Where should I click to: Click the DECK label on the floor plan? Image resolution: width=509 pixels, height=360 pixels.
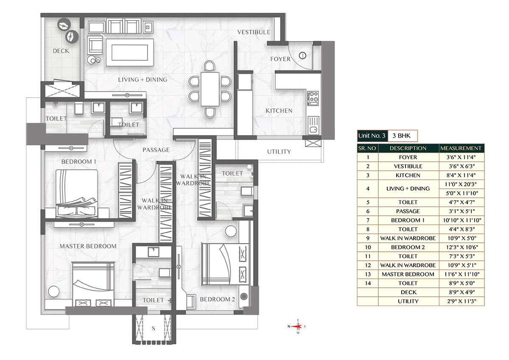click(61, 51)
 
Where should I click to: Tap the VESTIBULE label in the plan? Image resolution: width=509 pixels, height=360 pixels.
click(254, 32)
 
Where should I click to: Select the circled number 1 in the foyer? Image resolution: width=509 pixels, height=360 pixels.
click(302, 56)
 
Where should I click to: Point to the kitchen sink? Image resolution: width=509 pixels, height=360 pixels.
click(313, 125)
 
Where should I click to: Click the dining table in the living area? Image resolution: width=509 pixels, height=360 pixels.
click(210, 89)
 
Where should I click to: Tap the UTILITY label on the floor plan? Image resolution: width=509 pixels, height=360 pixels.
click(279, 152)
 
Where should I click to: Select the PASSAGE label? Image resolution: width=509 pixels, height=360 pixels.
click(156, 150)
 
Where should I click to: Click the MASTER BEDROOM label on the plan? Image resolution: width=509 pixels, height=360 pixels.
click(88, 246)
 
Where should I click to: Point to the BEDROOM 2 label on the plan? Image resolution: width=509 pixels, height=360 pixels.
click(217, 299)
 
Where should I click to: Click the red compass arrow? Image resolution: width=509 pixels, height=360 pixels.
click(296, 326)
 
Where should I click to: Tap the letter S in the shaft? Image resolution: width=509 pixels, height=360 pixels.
click(154, 329)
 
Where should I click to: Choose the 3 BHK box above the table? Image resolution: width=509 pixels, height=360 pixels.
click(403, 136)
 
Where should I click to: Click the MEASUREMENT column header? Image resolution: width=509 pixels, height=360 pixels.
click(461, 148)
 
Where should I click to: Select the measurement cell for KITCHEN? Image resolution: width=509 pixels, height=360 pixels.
click(461, 175)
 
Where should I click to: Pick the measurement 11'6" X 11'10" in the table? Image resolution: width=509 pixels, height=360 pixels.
click(462, 274)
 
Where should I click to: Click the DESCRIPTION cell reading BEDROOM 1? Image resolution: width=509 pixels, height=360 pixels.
click(408, 220)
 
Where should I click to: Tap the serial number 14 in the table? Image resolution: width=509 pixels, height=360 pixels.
click(368, 283)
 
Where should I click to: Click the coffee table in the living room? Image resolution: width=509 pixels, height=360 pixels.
click(129, 52)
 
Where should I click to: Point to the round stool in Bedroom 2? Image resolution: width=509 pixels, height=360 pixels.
click(231, 231)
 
